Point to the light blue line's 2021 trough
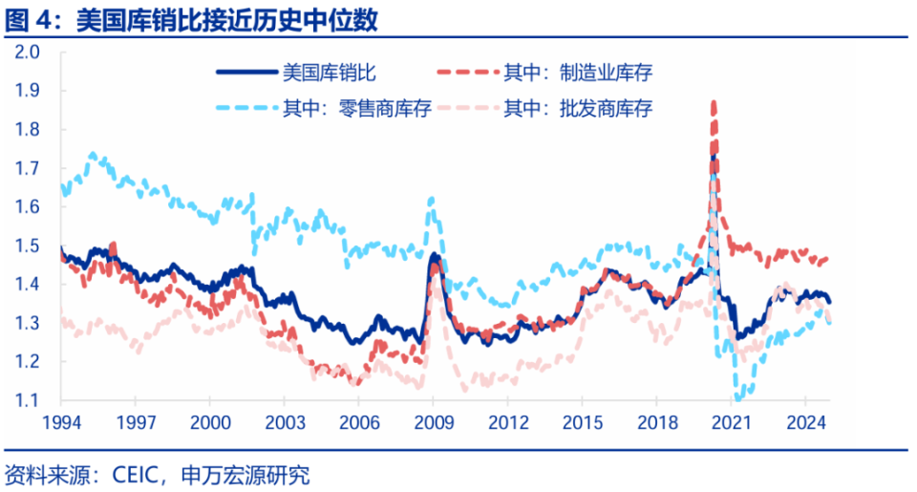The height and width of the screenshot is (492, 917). (x=739, y=397)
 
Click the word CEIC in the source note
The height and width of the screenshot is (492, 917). (x=139, y=475)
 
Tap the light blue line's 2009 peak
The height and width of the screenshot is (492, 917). (x=432, y=199)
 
